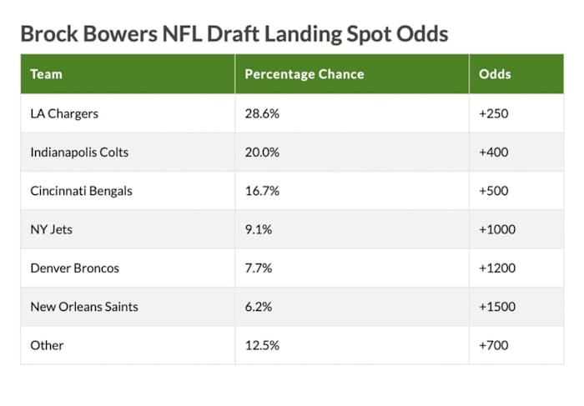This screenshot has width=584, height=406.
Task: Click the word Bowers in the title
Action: pyautogui.click(x=118, y=34)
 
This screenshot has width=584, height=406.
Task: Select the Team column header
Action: pyautogui.click(x=46, y=74)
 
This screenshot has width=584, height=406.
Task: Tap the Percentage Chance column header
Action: pyautogui.click(x=304, y=74)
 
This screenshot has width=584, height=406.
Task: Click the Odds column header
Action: pyautogui.click(x=495, y=74)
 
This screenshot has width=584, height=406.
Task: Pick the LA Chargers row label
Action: pyautogui.click(x=64, y=113)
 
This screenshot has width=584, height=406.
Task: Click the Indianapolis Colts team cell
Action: pyautogui.click(x=79, y=152)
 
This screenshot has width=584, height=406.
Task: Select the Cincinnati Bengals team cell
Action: pyautogui.click(x=81, y=191)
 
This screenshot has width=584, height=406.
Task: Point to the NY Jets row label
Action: pyautogui.click(x=51, y=229)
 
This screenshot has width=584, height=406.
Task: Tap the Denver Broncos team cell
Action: pyautogui.click(x=74, y=268)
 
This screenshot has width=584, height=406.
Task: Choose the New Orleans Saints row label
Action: pyautogui.click(x=83, y=307)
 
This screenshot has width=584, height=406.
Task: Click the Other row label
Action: pyautogui.click(x=47, y=345)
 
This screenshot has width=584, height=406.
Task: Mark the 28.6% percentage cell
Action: pyautogui.click(x=262, y=113)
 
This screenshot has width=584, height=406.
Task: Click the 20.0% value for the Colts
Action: pyautogui.click(x=262, y=152)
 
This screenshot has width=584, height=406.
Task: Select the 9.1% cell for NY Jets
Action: pyautogui.click(x=259, y=229)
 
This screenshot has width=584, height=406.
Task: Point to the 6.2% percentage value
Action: pyautogui.click(x=259, y=307)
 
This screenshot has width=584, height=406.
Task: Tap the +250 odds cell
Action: pyautogui.click(x=494, y=113)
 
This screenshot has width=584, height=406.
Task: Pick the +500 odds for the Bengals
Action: pyautogui.click(x=494, y=191)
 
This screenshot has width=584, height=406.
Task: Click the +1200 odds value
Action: pyautogui.click(x=497, y=268)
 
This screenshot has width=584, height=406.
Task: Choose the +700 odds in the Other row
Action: pyautogui.click(x=494, y=345)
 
